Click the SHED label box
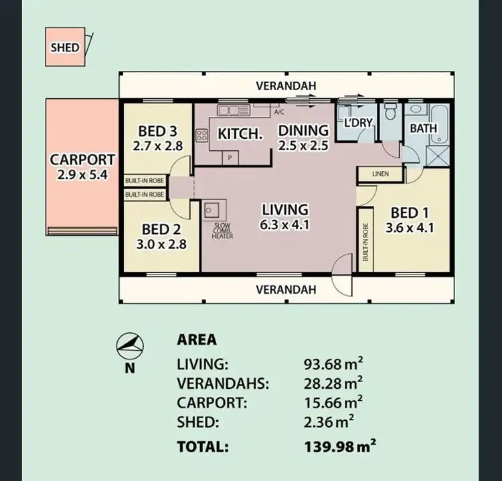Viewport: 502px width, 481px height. (x=65, y=47)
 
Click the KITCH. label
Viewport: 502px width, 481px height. (x=240, y=134)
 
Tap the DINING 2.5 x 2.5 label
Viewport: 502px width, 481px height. (x=303, y=137)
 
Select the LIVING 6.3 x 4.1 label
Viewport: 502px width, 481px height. (x=285, y=216)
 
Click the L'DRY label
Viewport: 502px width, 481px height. (x=356, y=124)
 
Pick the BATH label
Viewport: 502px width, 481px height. (x=423, y=128)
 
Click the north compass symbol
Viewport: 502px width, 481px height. (x=130, y=345)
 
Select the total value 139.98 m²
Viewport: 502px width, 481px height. (x=333, y=446)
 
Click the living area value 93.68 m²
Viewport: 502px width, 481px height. (x=333, y=364)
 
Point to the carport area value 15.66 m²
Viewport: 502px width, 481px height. (x=333, y=403)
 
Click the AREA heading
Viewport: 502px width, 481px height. (x=196, y=339)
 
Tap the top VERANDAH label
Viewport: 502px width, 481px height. (x=285, y=86)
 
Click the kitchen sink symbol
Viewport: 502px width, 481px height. (x=230, y=110)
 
